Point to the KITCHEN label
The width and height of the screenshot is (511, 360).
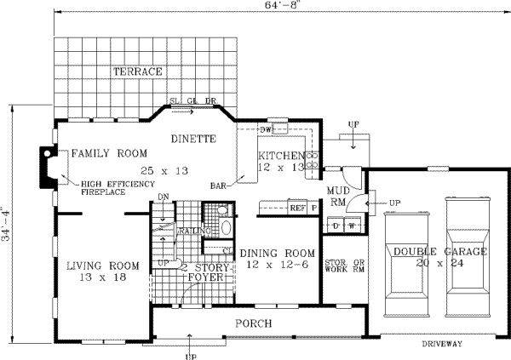coord(281,157)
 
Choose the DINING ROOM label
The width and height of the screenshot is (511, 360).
coord(277,253)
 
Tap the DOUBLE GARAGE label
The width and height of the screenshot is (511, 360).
coord(439,252)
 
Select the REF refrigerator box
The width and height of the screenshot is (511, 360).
coord(297,207)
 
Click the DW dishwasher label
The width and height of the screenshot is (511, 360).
coord(265,129)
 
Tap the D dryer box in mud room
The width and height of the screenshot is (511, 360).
coord(336,225)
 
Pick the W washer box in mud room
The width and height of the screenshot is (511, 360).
coord(350,225)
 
